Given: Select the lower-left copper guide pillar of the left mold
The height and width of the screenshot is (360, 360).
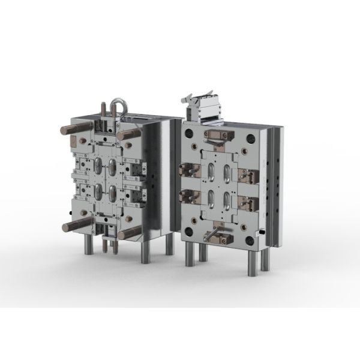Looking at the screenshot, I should (68, 227).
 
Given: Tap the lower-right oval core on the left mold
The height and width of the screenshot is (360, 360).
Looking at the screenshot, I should (112, 194).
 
